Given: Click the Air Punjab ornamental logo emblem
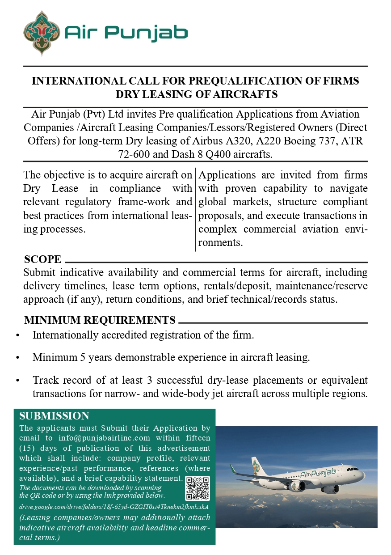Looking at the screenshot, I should pos(42,33).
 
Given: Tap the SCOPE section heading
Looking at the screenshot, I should pos(43,259).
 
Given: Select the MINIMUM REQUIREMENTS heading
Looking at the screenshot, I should pos(100,320).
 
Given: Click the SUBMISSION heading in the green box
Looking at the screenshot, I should pos(54,416).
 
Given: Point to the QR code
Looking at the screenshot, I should pos(198,488).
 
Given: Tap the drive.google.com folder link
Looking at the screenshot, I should pos(114,507).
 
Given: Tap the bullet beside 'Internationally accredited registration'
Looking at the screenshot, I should pos(17,335).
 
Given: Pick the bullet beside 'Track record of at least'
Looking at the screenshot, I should pos(17,381).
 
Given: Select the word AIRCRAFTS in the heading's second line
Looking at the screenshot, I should pos(245,94).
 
